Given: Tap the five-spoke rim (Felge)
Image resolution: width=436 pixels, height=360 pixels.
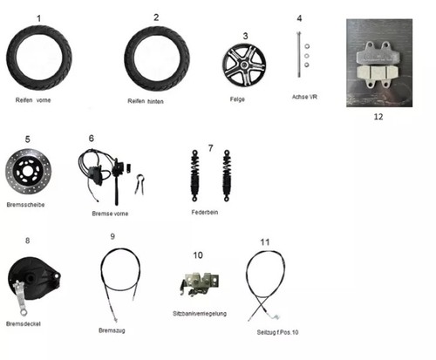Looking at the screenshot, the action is tap(244, 65).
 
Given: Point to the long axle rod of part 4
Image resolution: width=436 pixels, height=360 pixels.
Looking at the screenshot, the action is tap(299, 54).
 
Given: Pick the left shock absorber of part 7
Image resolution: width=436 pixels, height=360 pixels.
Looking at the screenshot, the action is tap(194, 175).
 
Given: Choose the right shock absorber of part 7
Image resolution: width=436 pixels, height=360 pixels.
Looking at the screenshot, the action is tap(227, 175).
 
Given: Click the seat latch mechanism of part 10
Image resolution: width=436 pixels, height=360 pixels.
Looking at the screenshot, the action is tap(200, 284).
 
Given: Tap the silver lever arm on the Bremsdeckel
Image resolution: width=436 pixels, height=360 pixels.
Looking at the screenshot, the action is tap(21, 298).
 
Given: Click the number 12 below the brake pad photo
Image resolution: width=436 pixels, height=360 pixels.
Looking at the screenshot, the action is tap(378, 117).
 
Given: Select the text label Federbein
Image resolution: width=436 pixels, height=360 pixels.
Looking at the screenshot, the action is tap(205, 212).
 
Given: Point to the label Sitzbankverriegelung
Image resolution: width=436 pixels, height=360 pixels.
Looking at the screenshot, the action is tap(200, 314).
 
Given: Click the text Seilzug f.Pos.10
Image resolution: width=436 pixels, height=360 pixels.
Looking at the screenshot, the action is tap(277, 332).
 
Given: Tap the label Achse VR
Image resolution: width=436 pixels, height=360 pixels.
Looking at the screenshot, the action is tap(304, 97).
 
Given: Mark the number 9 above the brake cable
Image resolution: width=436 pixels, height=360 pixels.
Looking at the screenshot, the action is tap(112, 236).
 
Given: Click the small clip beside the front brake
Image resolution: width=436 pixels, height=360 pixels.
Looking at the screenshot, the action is tap(140, 184).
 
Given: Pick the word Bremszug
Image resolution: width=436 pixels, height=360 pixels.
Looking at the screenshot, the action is tap(112, 330).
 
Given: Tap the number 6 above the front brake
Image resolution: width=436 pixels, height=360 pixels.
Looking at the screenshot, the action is tap(92, 139).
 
